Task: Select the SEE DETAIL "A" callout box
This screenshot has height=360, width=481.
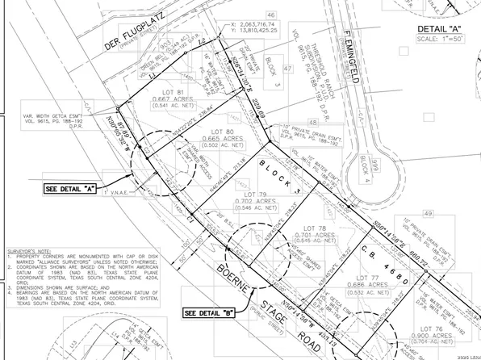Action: (x=68, y=188)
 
